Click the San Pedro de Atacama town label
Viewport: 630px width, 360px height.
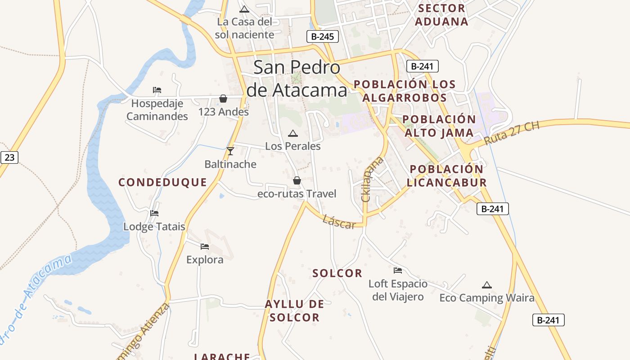[297, 79]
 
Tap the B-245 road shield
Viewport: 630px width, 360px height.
[323, 36]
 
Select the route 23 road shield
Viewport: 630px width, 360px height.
[9, 157]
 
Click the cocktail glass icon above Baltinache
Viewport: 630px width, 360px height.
[230, 151]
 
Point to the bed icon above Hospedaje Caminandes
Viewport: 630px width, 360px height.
[157, 90]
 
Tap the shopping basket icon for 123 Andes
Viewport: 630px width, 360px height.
[223, 99]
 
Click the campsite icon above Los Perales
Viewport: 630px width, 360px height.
[292, 133]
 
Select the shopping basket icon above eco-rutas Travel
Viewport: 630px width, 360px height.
[297, 180]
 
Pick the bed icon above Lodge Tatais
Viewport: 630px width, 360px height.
[154, 213]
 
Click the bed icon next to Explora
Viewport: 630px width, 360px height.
[205, 246]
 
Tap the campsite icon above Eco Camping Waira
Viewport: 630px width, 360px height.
[486, 285]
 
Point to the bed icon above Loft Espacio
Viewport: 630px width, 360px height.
[398, 270]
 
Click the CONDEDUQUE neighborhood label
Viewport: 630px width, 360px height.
[162, 182]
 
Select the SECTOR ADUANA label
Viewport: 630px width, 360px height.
[441, 15]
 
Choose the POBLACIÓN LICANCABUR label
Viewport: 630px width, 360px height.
[448, 175]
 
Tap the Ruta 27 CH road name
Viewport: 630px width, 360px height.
[512, 133]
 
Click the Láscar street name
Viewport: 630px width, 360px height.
[339, 221]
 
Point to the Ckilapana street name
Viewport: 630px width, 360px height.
[372, 179]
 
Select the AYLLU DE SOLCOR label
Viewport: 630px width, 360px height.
[294, 310]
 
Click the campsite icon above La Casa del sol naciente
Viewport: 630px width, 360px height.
[244, 9]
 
